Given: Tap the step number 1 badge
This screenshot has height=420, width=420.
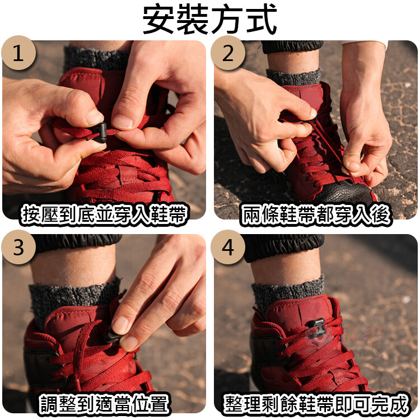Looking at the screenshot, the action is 18,53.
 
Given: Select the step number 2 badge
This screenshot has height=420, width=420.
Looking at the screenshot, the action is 228,53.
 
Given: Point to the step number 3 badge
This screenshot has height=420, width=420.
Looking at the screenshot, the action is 18,247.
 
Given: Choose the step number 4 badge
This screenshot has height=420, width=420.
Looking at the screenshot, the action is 228,247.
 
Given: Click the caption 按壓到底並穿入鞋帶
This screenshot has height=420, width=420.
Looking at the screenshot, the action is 104,214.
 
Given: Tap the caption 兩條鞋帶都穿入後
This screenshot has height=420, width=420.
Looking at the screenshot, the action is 315,214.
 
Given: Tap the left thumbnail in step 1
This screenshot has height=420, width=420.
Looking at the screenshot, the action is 94,118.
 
